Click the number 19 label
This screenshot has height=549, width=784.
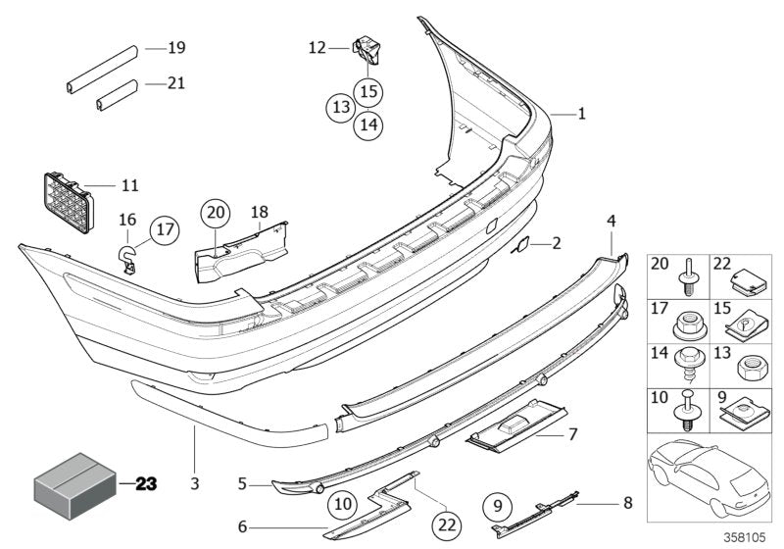176,47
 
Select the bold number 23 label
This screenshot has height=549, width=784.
146,483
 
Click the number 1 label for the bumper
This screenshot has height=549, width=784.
581,114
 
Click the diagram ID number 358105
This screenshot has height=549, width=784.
750,538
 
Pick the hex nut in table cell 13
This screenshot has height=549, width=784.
750,367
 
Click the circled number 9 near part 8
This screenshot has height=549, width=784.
498,506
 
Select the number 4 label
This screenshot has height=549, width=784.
611,222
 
